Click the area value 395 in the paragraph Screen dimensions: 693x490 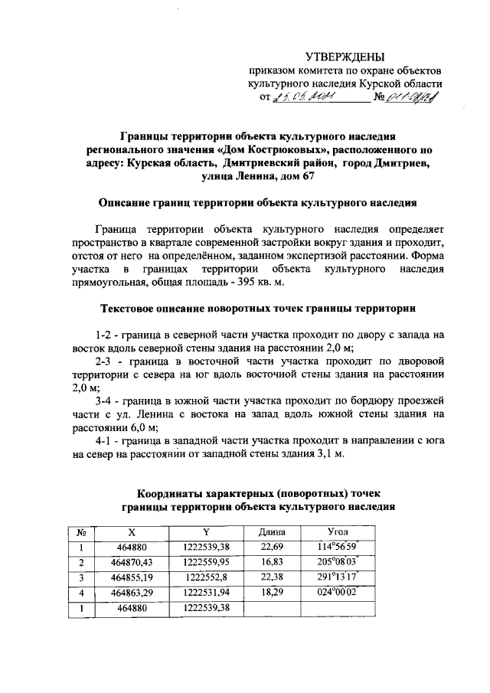tap(197, 283)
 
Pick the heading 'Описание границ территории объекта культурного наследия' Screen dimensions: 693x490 tap(257, 204)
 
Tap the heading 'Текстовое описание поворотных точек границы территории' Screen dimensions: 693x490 tap(258, 309)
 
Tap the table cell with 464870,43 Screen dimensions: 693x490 tap(132, 562)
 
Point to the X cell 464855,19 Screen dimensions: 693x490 tap(132, 577)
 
